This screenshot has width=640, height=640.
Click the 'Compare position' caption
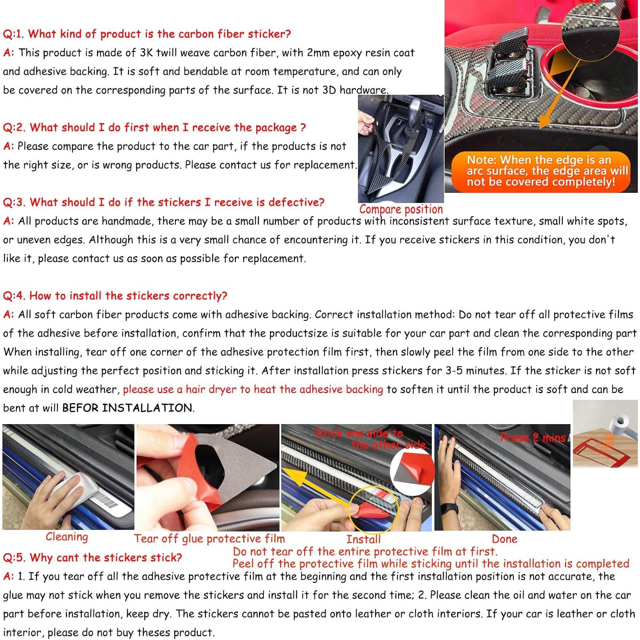click(x=401, y=209)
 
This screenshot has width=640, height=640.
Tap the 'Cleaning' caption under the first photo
click(x=67, y=537)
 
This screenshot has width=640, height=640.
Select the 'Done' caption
click(x=505, y=539)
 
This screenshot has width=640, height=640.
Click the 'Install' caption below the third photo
click(x=363, y=539)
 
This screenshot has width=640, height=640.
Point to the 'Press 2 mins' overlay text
click(x=533, y=438)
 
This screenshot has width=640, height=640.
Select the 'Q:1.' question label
click(x=13, y=34)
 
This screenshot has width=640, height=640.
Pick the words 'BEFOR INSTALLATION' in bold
click(x=127, y=408)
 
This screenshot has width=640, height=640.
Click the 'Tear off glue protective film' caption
click(x=209, y=539)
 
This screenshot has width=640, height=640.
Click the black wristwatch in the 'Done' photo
click(x=450, y=509)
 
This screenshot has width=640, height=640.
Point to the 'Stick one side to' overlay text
click(x=359, y=433)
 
